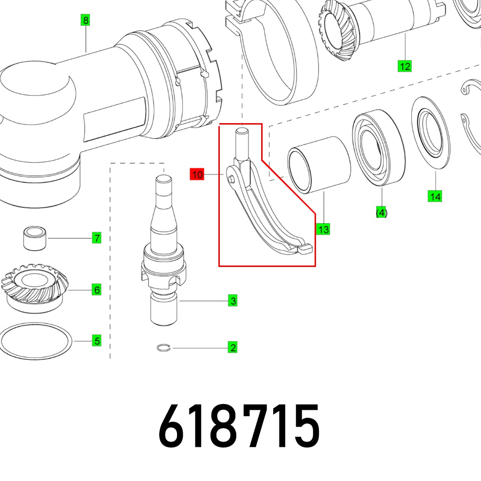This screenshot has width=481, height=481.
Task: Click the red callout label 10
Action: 197,174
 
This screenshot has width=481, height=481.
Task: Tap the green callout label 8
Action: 86,20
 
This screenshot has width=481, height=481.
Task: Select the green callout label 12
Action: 405,66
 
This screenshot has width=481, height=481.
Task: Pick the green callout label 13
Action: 323,229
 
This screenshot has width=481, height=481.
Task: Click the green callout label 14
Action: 435,196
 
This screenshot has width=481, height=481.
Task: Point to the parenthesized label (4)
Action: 381,212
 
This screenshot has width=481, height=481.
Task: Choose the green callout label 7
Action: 97,238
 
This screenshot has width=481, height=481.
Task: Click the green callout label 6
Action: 97,290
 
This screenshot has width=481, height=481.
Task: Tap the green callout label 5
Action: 97,341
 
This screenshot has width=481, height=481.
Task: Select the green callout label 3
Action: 233,301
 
